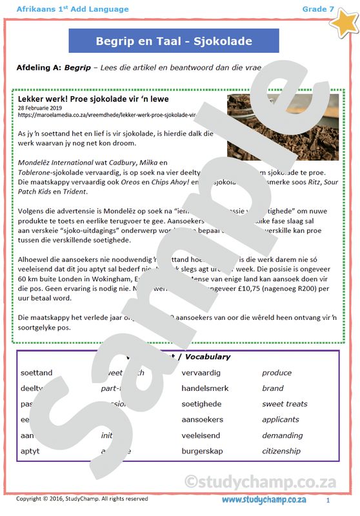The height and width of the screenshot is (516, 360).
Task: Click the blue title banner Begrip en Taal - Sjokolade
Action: point(174,41)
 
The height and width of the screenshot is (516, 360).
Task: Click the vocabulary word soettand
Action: point(37,373)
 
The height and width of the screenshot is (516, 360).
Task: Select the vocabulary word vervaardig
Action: point(201,373)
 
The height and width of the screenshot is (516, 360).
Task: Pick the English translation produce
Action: point(277,373)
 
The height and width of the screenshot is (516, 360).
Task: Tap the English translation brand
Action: point(273,388)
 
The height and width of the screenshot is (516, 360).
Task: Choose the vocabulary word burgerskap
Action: point(204,451)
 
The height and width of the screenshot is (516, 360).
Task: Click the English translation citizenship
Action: point(281,451)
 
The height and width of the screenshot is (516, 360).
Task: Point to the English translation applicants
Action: point(281,419)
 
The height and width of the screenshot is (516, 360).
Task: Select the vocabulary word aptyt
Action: point(30,451)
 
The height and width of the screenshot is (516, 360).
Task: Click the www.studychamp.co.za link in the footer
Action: point(264,501)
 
